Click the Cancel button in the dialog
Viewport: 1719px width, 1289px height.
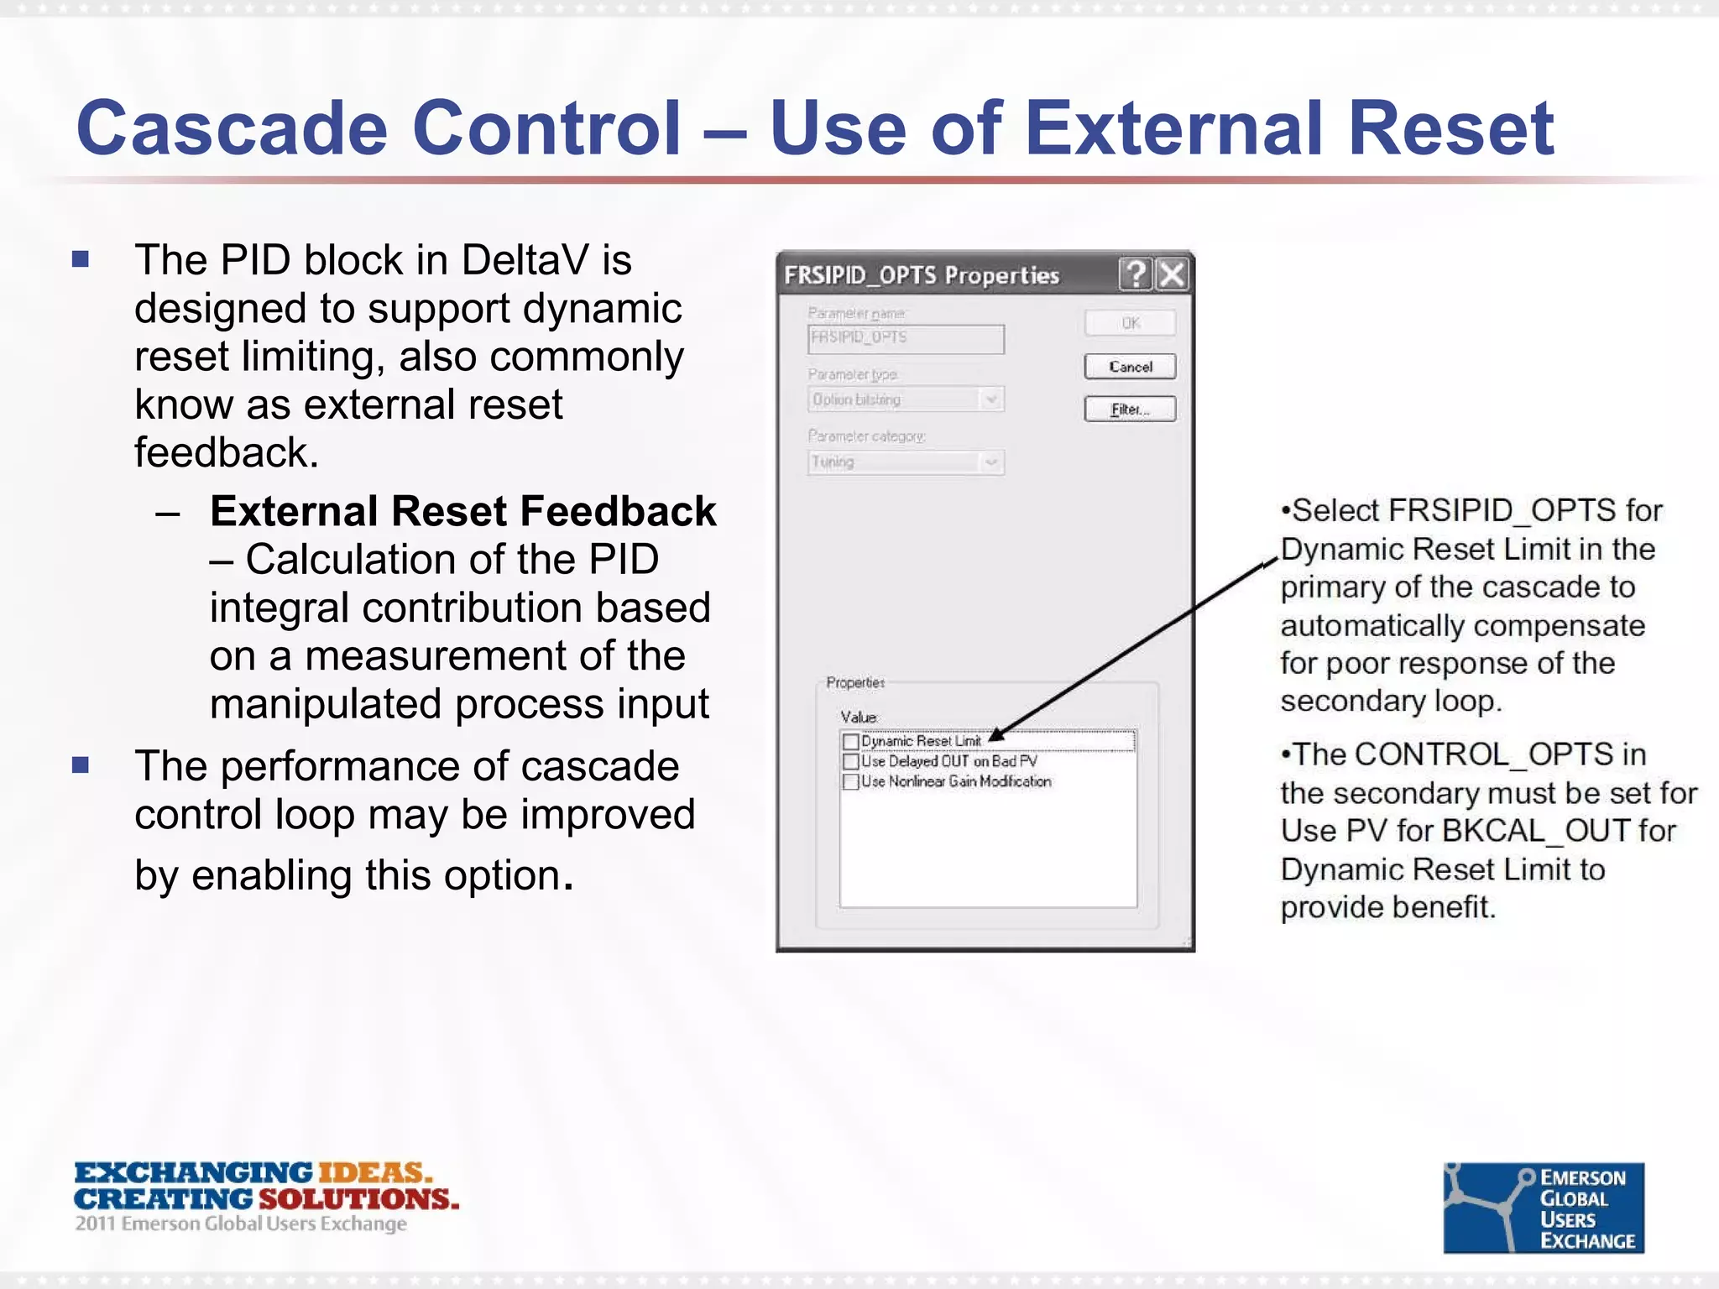coord(1130,367)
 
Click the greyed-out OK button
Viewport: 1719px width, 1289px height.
coord(1130,323)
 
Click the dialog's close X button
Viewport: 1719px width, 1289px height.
coord(1173,274)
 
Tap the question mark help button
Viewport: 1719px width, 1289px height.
coord(1136,274)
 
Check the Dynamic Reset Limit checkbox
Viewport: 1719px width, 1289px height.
coord(850,742)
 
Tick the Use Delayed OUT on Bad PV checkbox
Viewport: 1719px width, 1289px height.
coord(850,762)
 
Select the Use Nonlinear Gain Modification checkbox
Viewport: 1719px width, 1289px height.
coord(850,782)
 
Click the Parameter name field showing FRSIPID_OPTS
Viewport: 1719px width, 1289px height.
coord(905,338)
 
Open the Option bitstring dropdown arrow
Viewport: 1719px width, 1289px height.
coord(991,399)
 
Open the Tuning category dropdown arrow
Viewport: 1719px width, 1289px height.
coord(991,462)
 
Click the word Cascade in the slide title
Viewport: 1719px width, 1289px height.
coord(231,128)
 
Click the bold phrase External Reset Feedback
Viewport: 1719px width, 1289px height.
coord(462,511)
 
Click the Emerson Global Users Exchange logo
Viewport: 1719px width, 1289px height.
coord(1543,1208)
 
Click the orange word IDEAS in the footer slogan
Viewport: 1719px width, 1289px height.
coord(374,1172)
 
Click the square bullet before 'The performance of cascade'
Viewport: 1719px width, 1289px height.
coord(81,765)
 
